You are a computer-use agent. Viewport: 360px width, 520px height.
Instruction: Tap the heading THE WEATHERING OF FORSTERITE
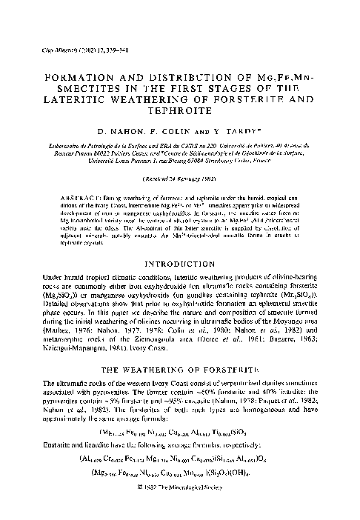coord(179,366)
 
